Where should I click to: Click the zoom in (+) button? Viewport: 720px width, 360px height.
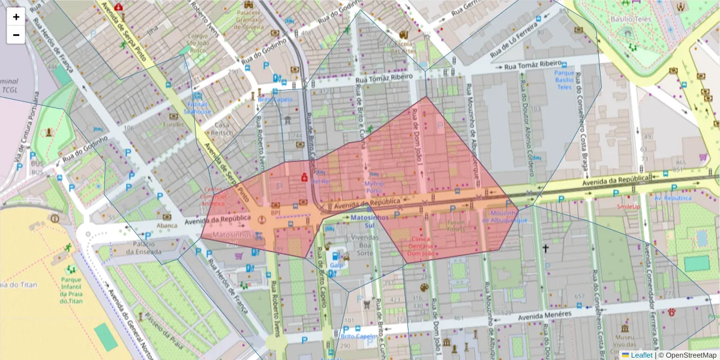pyautogui.click(x=16, y=17)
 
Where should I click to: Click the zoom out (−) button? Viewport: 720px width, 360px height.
pyautogui.click(x=16, y=35)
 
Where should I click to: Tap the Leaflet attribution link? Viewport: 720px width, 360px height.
pyautogui.click(x=641, y=355)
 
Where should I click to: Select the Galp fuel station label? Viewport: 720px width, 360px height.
pyautogui.click(x=336, y=265)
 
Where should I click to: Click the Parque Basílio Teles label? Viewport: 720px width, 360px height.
pyautogui.click(x=564, y=79)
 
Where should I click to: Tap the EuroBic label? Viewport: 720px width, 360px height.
pyautogui.click(x=173, y=125)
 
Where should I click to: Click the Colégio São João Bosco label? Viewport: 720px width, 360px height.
pyautogui.click(x=199, y=43)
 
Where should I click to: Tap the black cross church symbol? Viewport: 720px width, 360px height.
pyautogui.click(x=545, y=248)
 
